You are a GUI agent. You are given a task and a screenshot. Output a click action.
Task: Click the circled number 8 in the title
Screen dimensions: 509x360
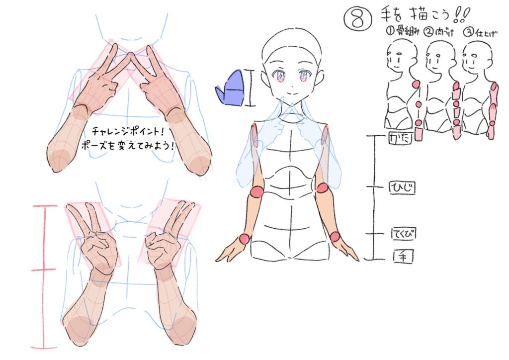point(357,19)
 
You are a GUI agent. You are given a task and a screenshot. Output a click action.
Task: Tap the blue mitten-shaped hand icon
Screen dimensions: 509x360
point(230,88)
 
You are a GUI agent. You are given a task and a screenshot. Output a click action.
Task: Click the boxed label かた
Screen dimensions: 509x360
point(400,138)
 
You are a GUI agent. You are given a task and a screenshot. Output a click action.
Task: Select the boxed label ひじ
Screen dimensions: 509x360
point(402,188)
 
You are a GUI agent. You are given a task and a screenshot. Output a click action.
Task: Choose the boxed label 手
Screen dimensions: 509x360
point(403,257)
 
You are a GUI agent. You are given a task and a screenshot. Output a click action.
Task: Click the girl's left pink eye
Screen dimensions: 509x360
point(279,77)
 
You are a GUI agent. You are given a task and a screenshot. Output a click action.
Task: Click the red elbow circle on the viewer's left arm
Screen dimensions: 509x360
point(257,191)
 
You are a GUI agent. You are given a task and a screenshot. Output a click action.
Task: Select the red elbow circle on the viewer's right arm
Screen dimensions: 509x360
point(323,188)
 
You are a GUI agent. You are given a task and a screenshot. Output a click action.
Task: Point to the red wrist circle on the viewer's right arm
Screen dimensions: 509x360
point(335,237)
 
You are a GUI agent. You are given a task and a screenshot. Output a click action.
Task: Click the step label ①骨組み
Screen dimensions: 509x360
point(403,31)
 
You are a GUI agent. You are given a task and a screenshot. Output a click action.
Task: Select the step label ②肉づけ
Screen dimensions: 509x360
point(439,32)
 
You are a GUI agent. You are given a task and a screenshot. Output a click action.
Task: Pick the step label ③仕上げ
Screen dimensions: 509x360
point(480,33)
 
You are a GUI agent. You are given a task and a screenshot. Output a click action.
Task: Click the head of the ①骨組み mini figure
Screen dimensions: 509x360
point(401,55)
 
